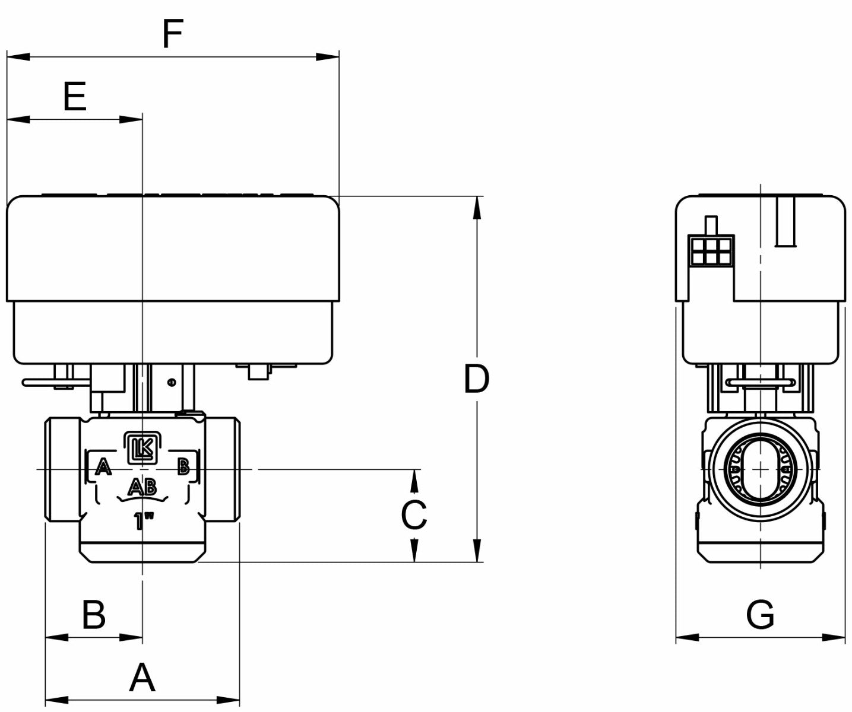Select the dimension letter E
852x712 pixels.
coord(75,97)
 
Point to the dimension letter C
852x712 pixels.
coord(414,515)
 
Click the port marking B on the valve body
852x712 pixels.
coord(183,466)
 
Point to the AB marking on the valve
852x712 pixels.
coord(142,488)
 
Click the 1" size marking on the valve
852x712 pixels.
coord(143,522)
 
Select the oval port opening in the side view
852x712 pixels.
coord(760,469)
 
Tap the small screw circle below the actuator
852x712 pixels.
coord(172,383)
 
